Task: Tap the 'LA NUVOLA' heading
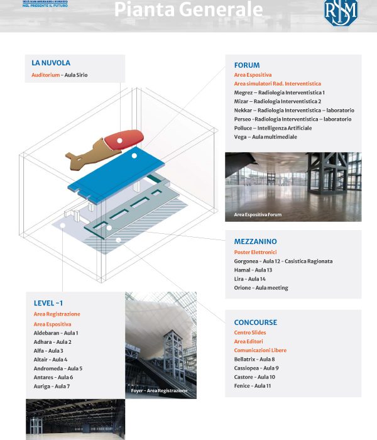(51, 63)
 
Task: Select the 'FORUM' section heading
(246, 65)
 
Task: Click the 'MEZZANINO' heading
(255, 241)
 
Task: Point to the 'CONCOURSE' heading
(255, 322)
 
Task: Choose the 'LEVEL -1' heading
(48, 303)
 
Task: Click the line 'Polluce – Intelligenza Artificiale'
(272, 128)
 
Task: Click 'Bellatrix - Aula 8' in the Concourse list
(254, 359)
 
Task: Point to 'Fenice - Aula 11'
(252, 386)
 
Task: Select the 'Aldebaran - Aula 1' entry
(56, 333)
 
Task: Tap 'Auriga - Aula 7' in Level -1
(52, 386)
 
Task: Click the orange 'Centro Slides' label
(251, 333)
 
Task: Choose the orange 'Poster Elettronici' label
(255, 252)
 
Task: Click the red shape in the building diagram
(124, 140)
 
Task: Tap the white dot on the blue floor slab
(134, 156)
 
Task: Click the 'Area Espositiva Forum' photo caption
(258, 215)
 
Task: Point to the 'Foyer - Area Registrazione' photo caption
(159, 391)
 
